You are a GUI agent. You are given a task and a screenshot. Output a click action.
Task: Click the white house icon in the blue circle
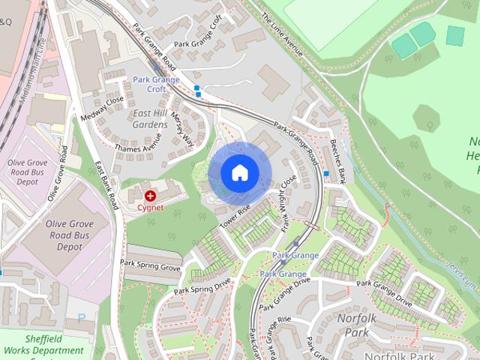tap(239, 172)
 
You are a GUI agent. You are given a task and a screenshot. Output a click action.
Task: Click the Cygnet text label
tap(151, 207)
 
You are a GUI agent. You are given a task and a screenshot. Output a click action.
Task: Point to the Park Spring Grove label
tap(151, 264)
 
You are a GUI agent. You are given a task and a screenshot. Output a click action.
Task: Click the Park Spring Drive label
tap(202, 286)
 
